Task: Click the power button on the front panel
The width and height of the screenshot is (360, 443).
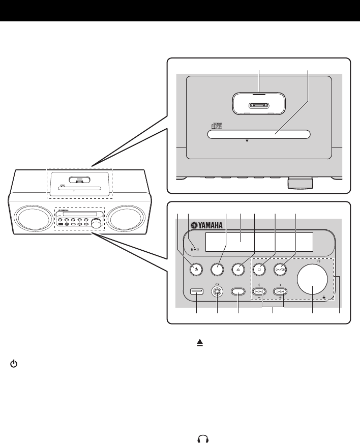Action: coord(196,269)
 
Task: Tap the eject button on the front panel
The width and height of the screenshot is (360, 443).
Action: coord(238,269)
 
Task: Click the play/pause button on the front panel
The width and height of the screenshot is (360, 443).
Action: coord(281,269)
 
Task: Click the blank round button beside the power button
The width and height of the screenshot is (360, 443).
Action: coord(218,269)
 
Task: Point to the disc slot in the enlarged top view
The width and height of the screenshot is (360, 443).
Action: coord(259,134)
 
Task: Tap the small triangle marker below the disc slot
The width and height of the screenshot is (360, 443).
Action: coord(247,142)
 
